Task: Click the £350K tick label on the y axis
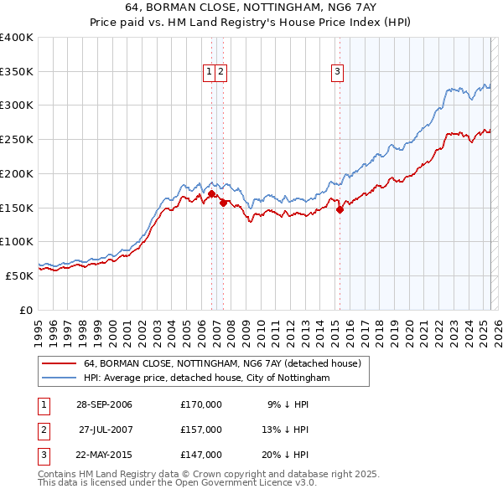tap(17, 72)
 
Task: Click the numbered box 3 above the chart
tap(337, 72)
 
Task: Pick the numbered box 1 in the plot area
tap(209, 72)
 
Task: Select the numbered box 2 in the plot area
tap(220, 72)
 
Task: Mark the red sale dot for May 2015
tap(340, 210)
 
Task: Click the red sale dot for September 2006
tap(211, 194)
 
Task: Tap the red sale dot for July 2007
tap(223, 203)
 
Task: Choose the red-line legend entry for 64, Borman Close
tap(222, 363)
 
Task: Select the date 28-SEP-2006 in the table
tap(105, 404)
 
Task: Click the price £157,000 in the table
tap(201, 430)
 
